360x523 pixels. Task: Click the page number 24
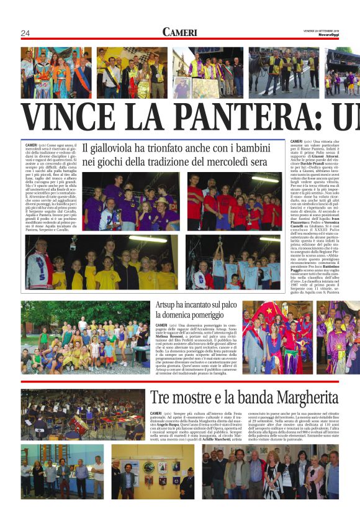click(x=25, y=33)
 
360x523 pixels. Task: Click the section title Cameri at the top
click(x=179, y=32)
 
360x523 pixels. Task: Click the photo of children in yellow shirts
click(x=101, y=262)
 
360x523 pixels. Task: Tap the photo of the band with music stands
click(x=83, y=414)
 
